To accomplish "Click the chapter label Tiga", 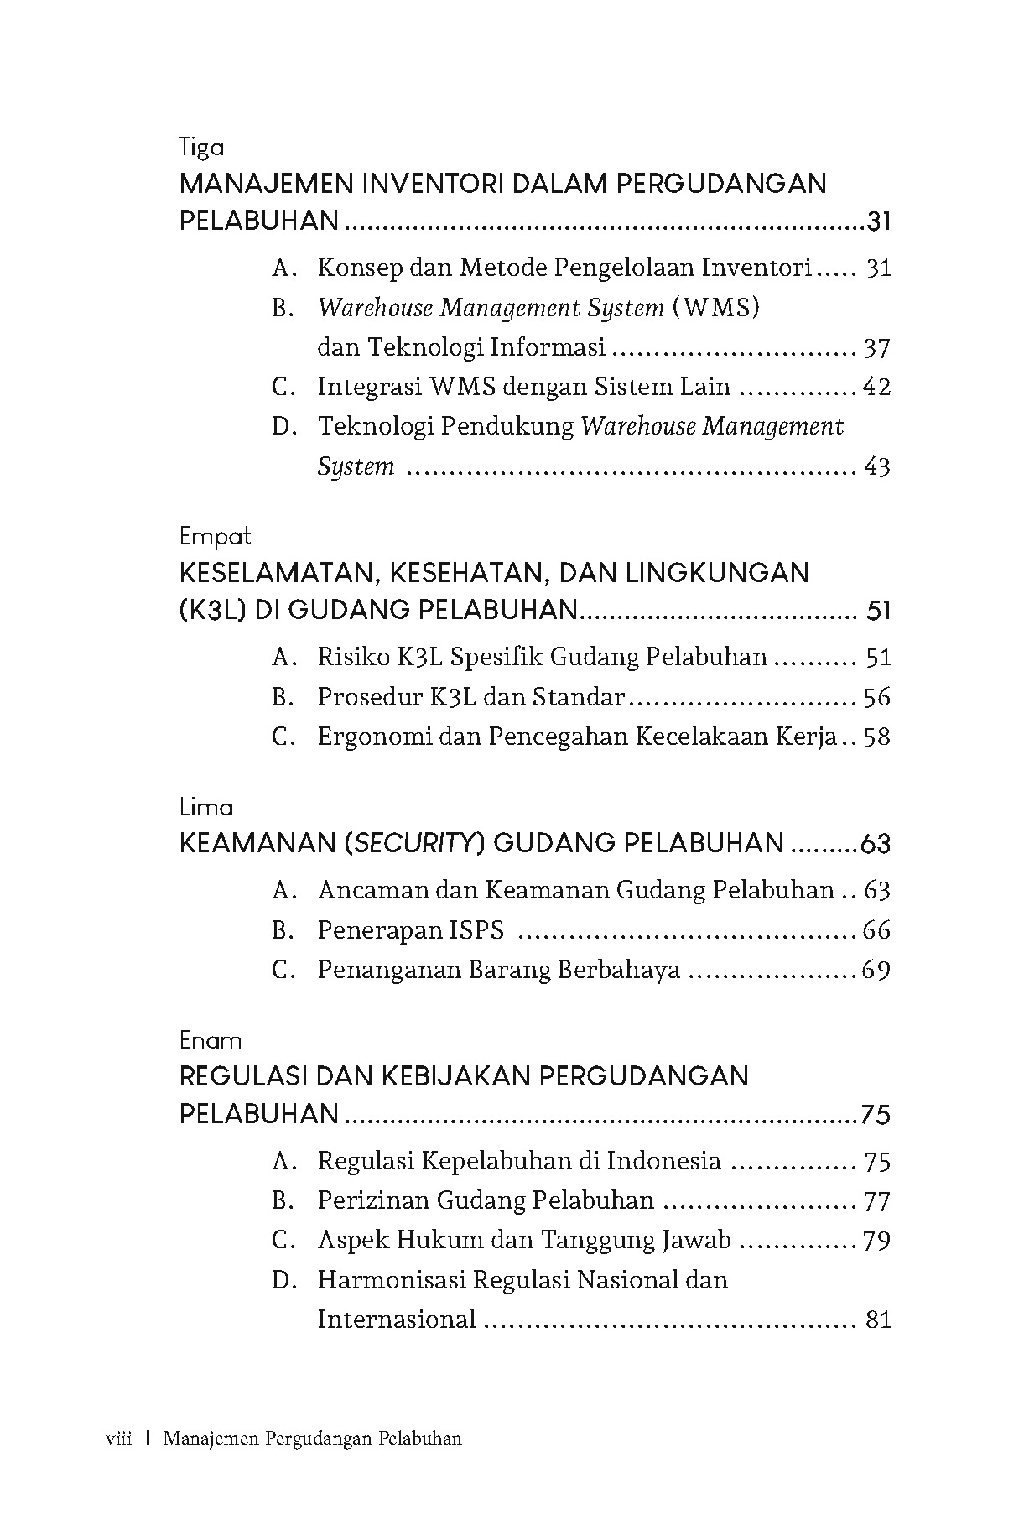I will [x=202, y=148].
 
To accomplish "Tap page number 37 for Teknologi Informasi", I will [x=876, y=348].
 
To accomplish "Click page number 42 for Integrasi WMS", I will [x=876, y=388].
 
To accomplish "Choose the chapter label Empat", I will [x=216, y=537].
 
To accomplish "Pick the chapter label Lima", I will [x=206, y=807].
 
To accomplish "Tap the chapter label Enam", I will [x=211, y=1041].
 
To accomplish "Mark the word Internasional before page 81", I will [x=397, y=1320].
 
